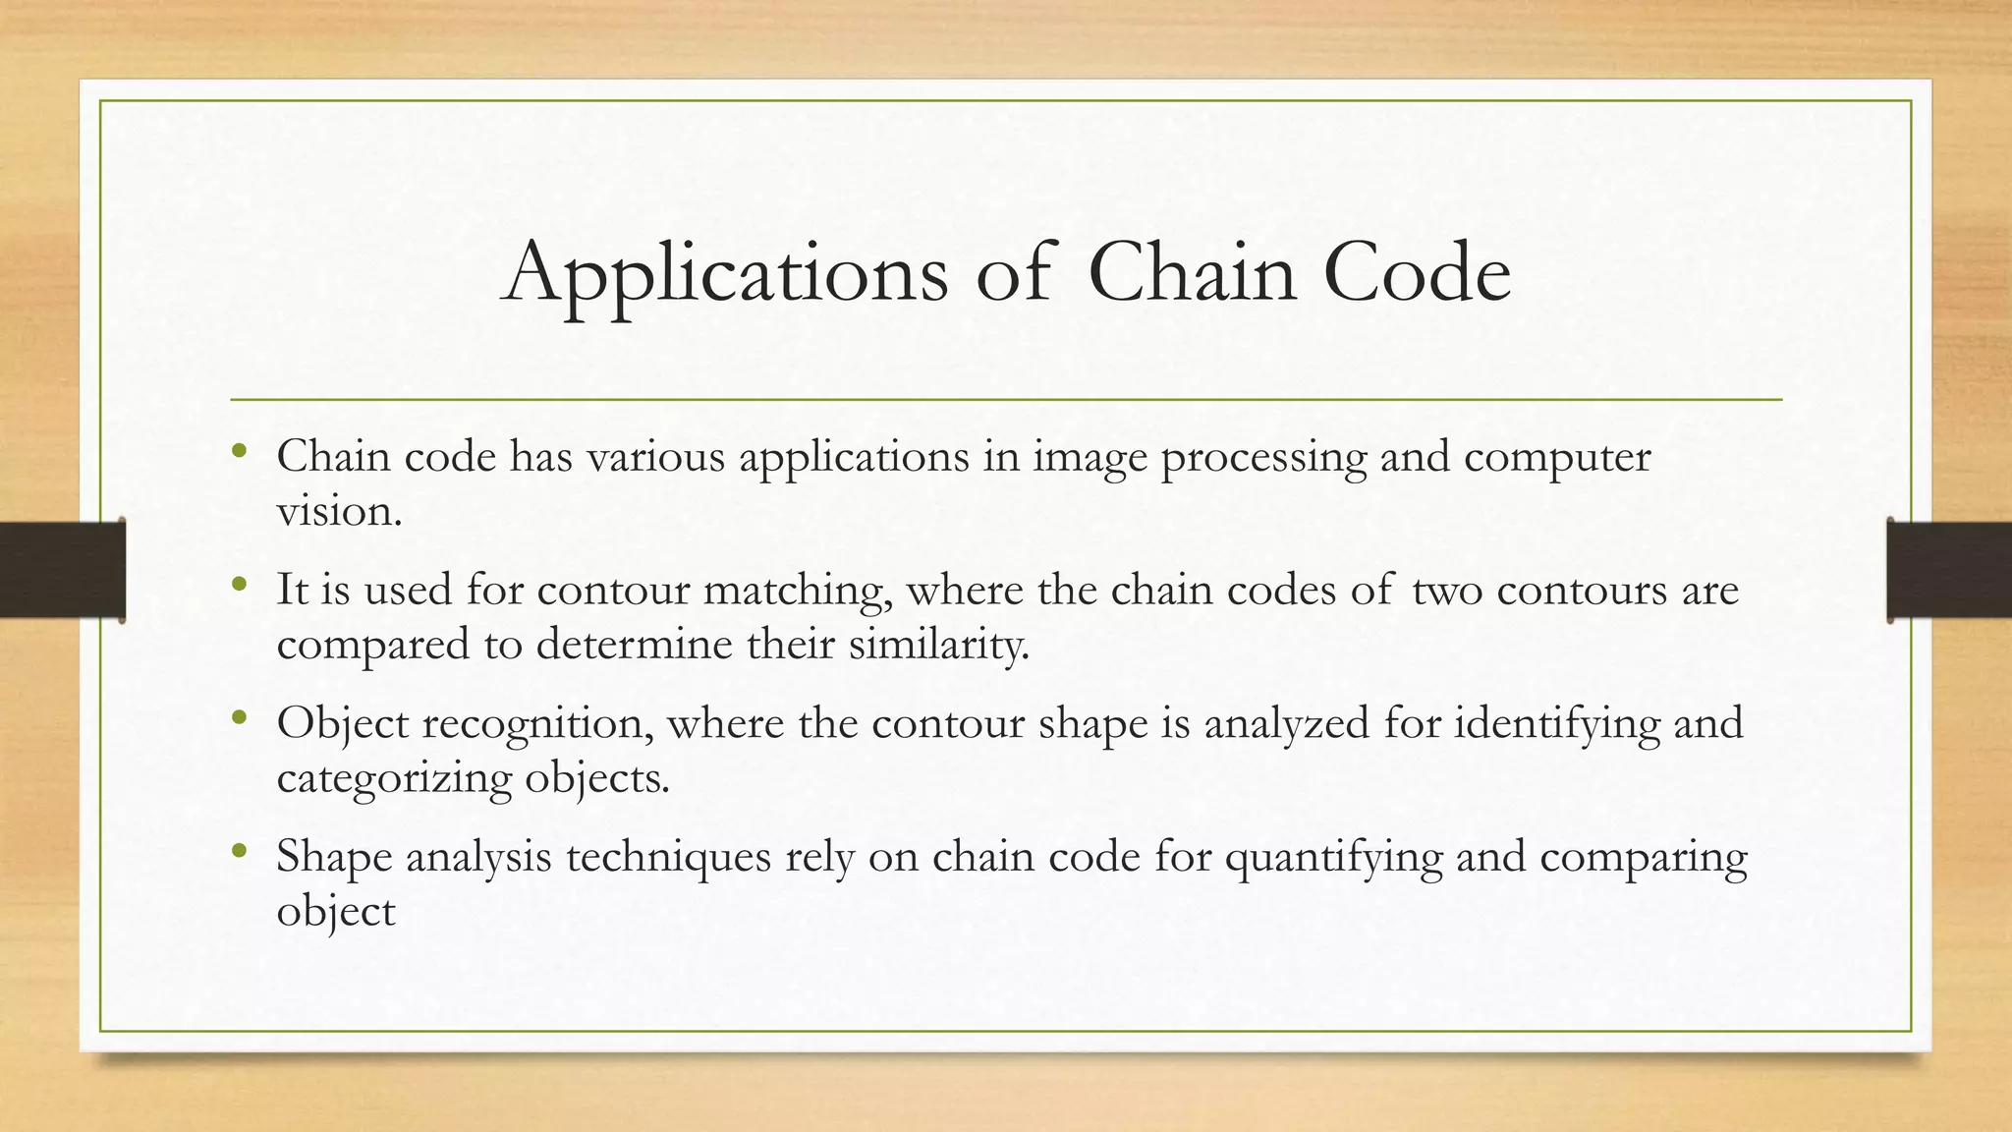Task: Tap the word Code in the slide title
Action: tap(1416, 272)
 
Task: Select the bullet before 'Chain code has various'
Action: tap(239, 452)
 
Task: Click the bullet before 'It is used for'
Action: tap(239, 586)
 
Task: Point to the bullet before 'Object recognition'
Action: tap(239, 719)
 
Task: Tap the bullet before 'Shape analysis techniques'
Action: tap(239, 852)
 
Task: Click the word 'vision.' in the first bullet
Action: tap(339, 511)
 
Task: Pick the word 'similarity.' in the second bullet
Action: tap(938, 646)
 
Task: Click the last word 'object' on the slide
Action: tap(335, 913)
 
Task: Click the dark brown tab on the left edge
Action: tap(62, 570)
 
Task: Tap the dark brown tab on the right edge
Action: tap(1949, 570)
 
